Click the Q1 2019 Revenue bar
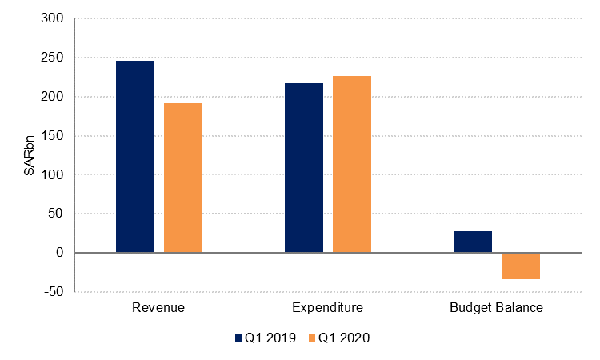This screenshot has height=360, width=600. [x=134, y=157]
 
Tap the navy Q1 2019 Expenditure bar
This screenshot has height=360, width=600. [x=304, y=168]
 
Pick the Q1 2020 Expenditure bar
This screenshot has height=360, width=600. [x=352, y=164]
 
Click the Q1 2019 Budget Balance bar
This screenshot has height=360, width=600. [x=473, y=242]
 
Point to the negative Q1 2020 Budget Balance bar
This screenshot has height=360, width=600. [x=521, y=266]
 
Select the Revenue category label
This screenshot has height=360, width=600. [x=158, y=308]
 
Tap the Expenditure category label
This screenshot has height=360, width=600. [x=328, y=308]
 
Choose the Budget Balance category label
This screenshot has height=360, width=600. [x=497, y=308]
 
